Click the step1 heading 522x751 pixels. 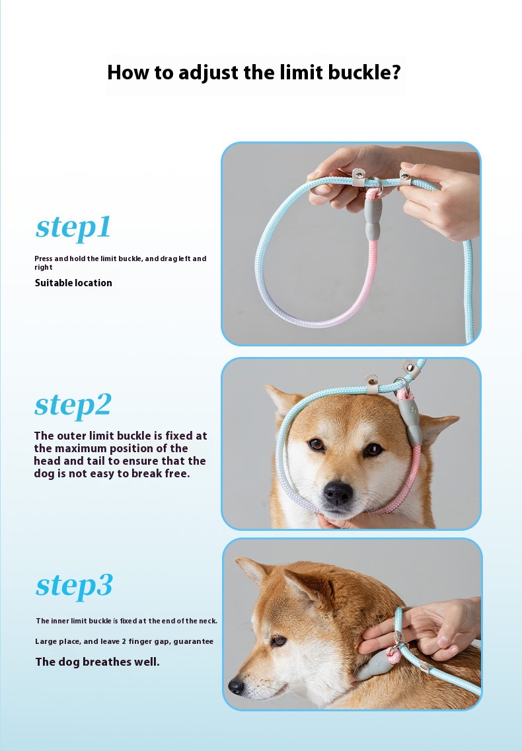pos(73,227)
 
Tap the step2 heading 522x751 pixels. pos(73,405)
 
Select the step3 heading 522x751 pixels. pos(74,585)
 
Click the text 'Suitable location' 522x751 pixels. pos(73,282)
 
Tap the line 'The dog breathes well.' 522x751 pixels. pos(97,662)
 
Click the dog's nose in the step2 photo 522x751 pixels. pos(338,493)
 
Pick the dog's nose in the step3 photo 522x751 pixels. pos(237,686)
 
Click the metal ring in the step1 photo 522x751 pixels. pos(375,184)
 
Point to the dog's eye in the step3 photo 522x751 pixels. pos(278,640)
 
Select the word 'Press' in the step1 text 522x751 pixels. pos(43,258)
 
